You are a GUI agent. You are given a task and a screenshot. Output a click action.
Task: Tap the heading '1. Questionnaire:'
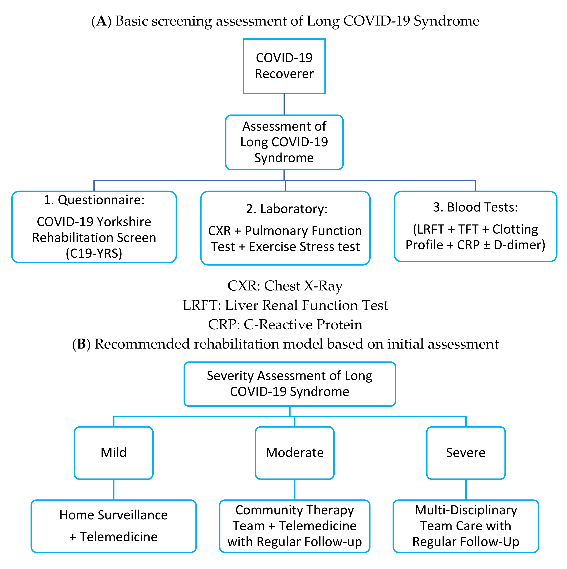(94, 200)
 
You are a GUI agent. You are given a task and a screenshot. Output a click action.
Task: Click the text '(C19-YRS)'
(94, 253)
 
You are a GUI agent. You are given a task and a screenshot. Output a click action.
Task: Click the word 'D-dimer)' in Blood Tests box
(519, 245)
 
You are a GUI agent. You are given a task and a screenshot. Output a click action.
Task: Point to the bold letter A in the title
(101, 21)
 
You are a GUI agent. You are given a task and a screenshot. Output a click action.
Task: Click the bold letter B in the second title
(82, 344)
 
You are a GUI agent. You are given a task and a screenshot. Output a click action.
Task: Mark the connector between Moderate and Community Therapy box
(295, 490)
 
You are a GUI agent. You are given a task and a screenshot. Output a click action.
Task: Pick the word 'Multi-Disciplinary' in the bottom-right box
(466, 510)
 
